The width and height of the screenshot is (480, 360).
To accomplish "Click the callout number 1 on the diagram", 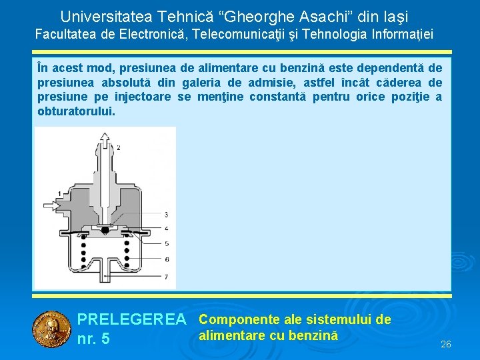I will point(60,193).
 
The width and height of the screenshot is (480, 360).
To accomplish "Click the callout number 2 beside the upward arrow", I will point(119,146).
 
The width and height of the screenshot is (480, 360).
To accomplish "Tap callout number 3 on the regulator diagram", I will point(165,214).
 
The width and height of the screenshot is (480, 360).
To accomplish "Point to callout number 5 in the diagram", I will point(165,244).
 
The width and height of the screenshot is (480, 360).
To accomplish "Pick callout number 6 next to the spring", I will point(165,259).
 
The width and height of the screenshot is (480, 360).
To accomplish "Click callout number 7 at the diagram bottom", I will point(165,276).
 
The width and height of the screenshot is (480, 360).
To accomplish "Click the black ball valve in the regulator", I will point(104,230).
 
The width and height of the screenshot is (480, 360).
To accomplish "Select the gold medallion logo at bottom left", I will point(51,330).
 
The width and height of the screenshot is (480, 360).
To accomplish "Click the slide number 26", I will point(446,344).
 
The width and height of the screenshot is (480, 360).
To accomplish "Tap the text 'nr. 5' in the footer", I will point(93,339).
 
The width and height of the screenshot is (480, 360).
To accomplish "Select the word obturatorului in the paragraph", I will point(77,111).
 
